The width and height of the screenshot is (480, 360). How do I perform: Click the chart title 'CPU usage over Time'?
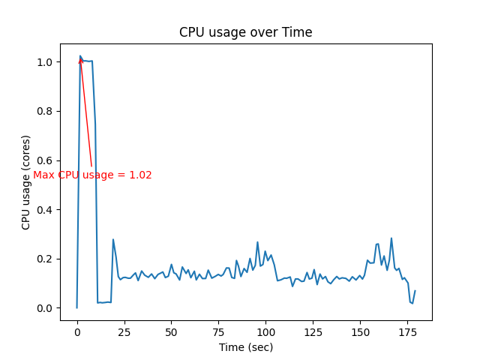point(245,32)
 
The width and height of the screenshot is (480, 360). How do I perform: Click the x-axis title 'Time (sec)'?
point(245,347)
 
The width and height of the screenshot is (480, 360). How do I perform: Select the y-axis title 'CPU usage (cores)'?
point(26,182)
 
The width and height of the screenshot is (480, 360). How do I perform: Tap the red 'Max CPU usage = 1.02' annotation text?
point(92,175)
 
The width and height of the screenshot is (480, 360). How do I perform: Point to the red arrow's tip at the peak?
point(80,57)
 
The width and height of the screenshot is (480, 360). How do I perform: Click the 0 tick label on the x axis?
point(76,331)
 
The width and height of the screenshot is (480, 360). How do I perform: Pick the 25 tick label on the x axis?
point(124,331)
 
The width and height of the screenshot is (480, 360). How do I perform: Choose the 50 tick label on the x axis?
point(171,331)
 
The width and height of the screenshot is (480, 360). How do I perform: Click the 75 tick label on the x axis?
point(218,331)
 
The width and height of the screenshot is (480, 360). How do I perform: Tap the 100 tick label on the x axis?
point(265,331)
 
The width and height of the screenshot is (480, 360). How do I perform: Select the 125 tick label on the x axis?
point(313,331)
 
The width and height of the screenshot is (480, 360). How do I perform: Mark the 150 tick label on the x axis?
point(360,331)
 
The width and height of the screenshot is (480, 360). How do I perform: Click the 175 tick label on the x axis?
point(407,331)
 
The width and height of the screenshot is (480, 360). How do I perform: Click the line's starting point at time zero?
point(76,307)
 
